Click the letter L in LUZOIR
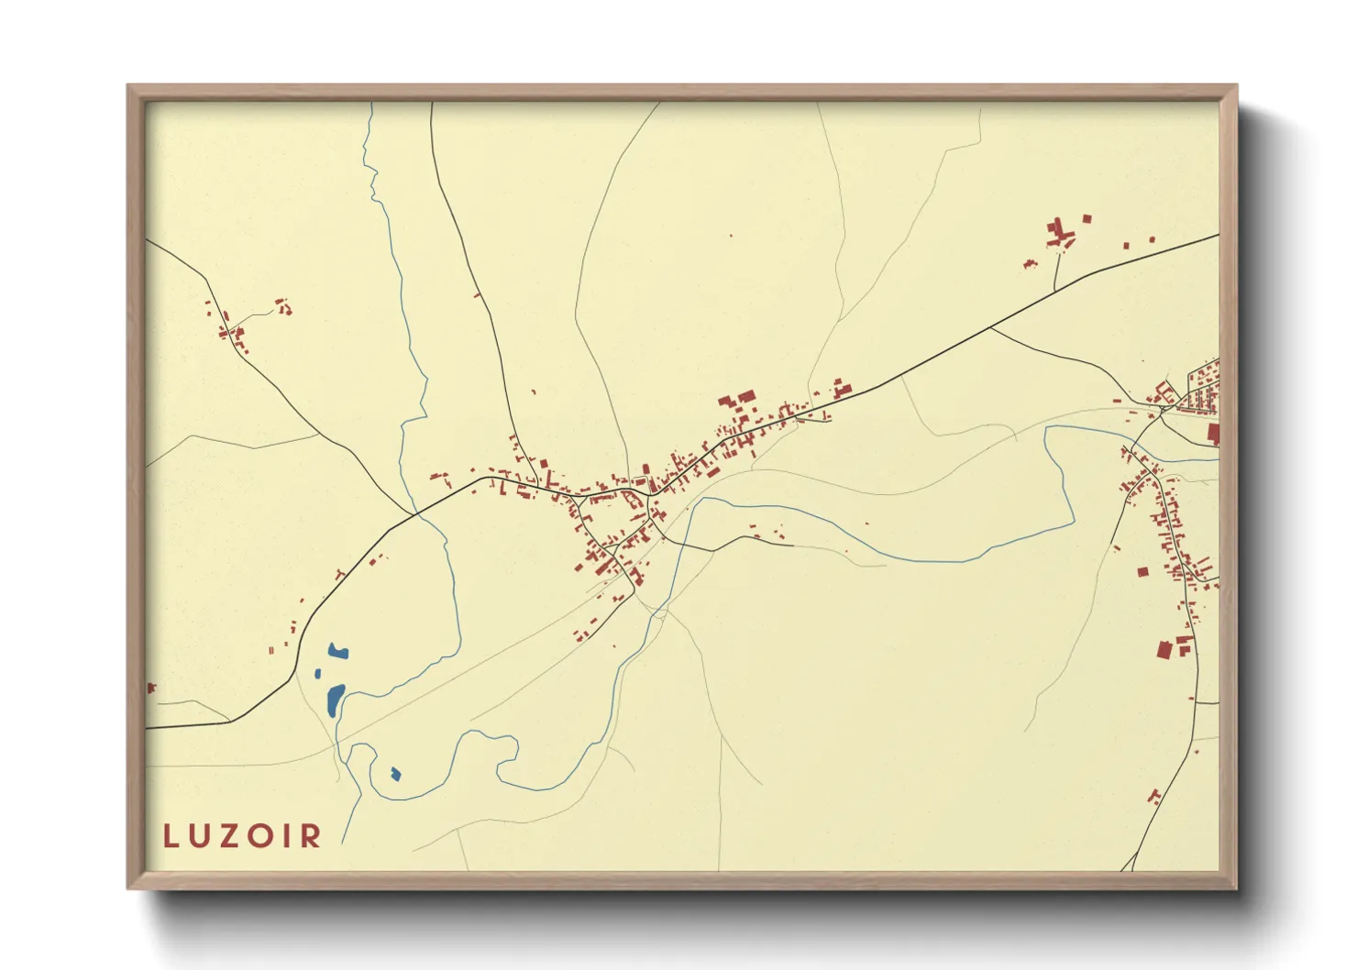[171, 836]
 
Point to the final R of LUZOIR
[313, 836]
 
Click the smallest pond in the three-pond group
[318, 674]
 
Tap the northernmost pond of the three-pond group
[337, 652]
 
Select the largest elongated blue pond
[335, 700]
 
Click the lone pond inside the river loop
[395, 774]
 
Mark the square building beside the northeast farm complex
[1087, 218]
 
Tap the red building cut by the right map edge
[1214, 434]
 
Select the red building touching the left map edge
[150, 688]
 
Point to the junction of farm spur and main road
[1055, 291]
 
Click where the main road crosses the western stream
[418, 513]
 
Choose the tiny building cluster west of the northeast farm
[1029, 264]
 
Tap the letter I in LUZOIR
[292, 836]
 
